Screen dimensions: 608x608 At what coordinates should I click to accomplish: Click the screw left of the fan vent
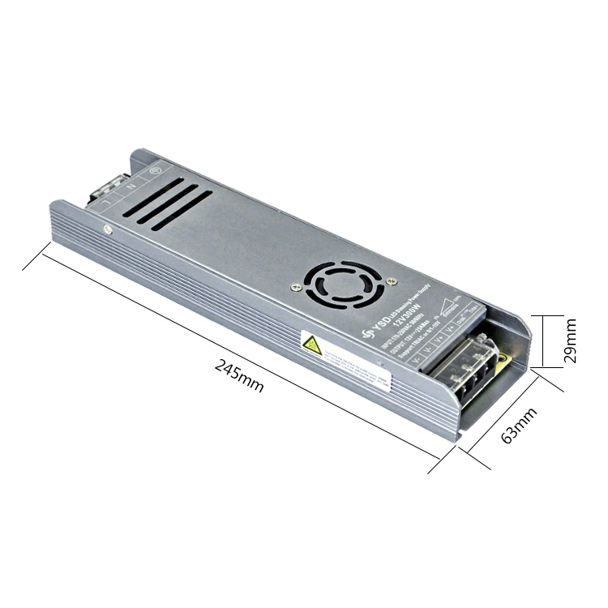pos(295,285)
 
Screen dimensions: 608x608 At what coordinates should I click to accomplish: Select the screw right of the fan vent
pos(392,280)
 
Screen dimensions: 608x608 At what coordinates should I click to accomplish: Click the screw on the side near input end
pos(107,229)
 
